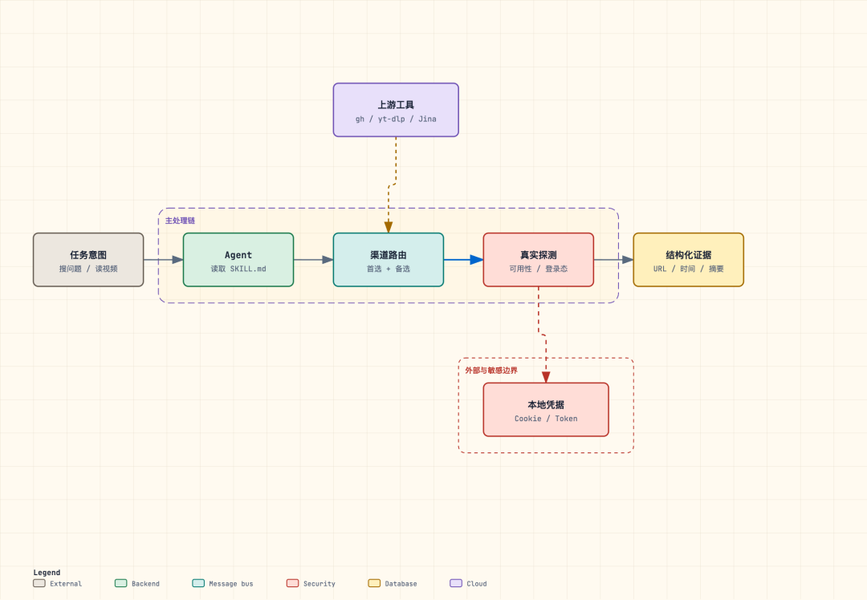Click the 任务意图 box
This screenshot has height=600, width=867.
[x=88, y=260]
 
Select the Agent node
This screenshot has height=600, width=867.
[x=238, y=260]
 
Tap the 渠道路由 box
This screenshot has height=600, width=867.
[x=389, y=260]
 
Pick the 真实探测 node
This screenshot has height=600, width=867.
[x=539, y=260]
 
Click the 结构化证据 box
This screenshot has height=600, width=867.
[x=689, y=260]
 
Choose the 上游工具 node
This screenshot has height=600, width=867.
[x=396, y=110]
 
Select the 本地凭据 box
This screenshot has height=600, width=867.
[x=547, y=409]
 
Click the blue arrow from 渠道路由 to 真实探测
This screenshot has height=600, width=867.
[x=463, y=260]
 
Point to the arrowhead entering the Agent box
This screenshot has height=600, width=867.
[x=177, y=260]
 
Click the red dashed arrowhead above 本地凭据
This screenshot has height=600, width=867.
[x=547, y=377]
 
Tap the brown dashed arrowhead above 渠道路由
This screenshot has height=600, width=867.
[x=389, y=227]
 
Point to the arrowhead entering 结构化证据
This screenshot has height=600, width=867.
[x=628, y=260]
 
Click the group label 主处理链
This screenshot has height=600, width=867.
[x=181, y=221]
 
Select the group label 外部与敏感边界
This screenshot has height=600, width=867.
[x=491, y=370]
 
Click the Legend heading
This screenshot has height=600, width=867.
[x=47, y=573]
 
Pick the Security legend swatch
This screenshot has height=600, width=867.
[x=292, y=583]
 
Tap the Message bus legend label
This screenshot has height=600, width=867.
[x=231, y=583]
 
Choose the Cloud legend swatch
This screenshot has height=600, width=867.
[x=456, y=583]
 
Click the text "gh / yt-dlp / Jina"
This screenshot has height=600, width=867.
[x=396, y=119]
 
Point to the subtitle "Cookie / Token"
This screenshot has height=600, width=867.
[x=547, y=419]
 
